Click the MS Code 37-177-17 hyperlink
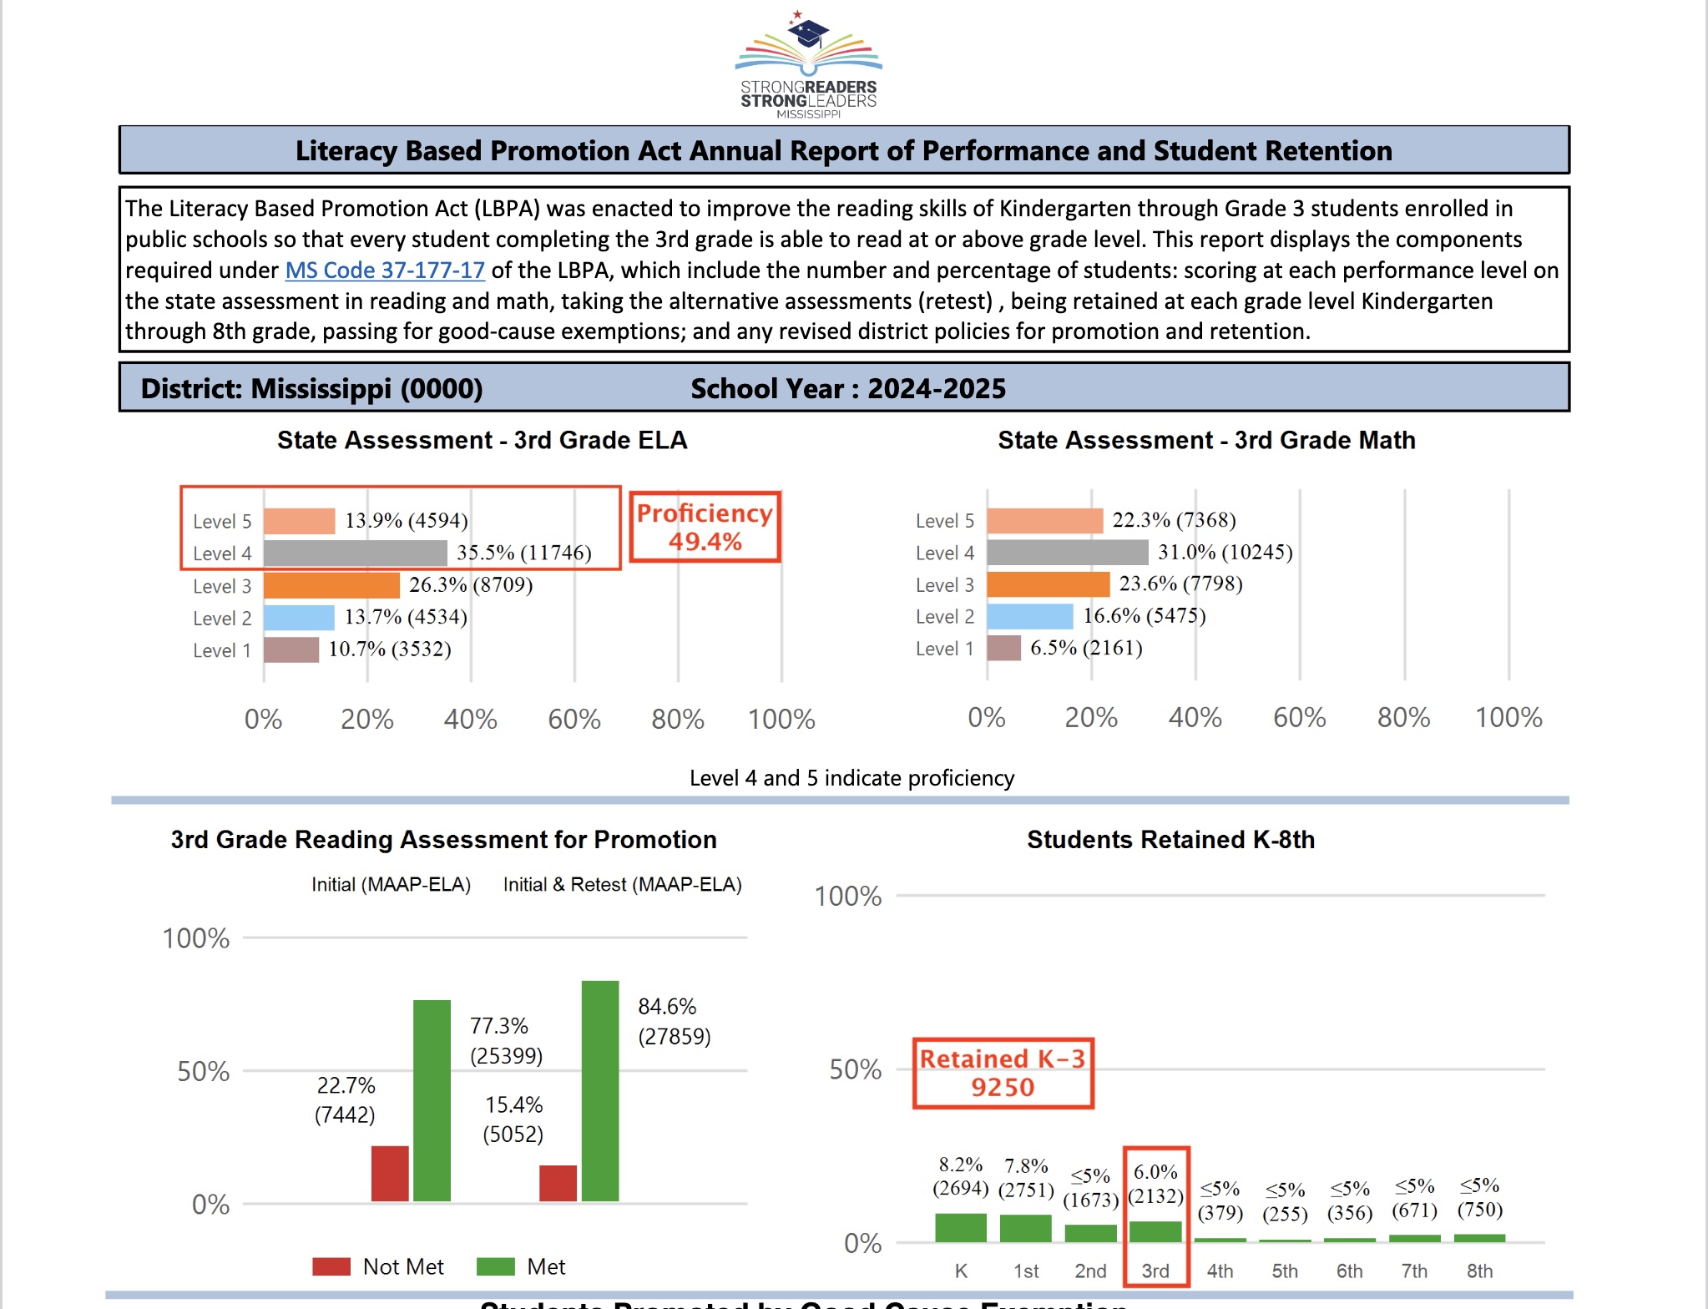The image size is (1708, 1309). (x=385, y=270)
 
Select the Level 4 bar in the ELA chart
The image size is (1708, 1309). (x=355, y=553)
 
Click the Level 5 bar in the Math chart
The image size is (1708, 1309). (x=1044, y=520)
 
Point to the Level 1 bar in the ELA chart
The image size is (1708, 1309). (x=291, y=649)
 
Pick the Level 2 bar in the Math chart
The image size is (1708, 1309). (x=1029, y=616)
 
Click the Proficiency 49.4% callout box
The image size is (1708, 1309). (x=705, y=527)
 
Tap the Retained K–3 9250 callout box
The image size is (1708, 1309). (x=1003, y=1073)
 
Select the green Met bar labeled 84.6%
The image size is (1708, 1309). (x=600, y=1090)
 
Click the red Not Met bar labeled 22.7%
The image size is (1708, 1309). (x=390, y=1173)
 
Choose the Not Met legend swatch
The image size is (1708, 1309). (x=331, y=1266)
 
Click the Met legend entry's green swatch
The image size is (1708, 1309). (x=495, y=1266)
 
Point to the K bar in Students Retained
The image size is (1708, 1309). (x=961, y=1227)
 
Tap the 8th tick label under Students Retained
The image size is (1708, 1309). (x=1479, y=1271)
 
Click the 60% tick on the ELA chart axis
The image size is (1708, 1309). (x=574, y=719)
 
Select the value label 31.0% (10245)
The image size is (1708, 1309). (x=1225, y=552)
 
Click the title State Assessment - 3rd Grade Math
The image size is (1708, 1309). (x=1206, y=440)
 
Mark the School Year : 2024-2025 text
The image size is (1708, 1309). (x=848, y=389)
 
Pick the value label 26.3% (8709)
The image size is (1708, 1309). (x=471, y=584)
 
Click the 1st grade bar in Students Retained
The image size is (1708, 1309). (x=1025, y=1228)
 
